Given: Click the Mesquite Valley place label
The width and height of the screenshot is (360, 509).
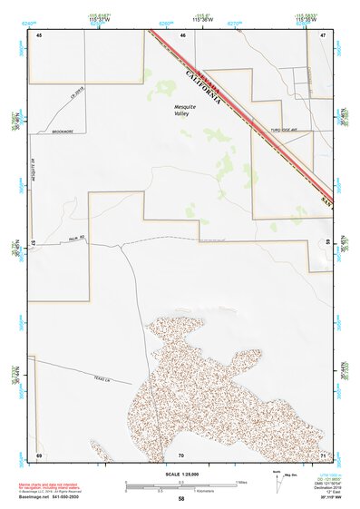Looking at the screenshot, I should [185, 109].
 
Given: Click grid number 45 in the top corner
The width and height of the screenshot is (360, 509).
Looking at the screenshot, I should [39, 34].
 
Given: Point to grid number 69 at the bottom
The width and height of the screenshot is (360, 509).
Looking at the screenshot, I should [39, 454].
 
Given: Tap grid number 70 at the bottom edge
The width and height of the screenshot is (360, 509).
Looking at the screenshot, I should [181, 454].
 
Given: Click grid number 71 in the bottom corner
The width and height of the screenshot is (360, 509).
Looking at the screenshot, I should [323, 454].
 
